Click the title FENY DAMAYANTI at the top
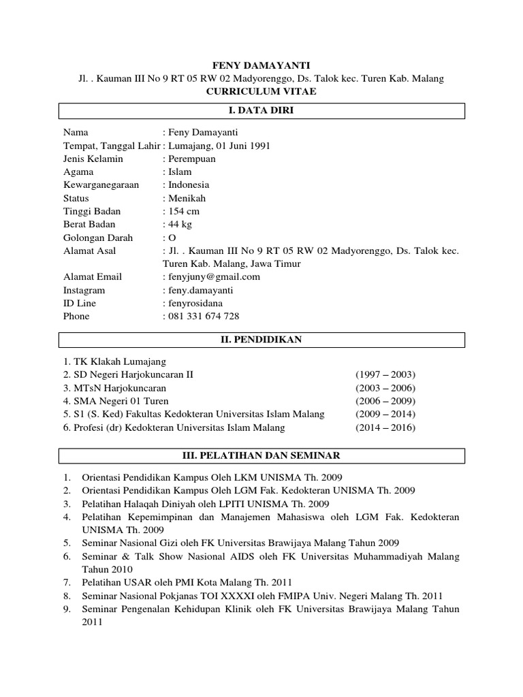coord(261,65)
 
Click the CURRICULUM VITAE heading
coord(261,92)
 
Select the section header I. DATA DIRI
coord(261,112)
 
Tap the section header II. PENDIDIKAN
coord(261,340)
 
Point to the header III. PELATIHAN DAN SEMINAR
coord(261,455)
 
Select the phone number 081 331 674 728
coord(203,317)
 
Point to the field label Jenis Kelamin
coord(93,159)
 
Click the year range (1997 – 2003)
coord(385,375)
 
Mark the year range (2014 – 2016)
coord(385,428)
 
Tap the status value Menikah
coord(186,198)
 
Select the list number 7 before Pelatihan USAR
coord(67,582)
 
